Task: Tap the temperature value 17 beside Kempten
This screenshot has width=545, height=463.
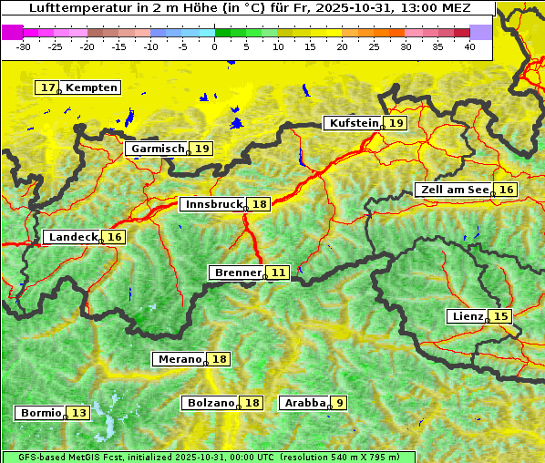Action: [x=47, y=87]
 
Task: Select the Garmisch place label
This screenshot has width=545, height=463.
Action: [x=158, y=149]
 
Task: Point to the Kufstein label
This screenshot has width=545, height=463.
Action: [x=353, y=123]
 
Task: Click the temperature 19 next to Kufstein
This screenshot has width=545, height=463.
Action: [x=396, y=123]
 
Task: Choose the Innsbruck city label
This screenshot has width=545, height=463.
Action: [x=212, y=204]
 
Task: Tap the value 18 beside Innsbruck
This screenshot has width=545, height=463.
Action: [x=260, y=204]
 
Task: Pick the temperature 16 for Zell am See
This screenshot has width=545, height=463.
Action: [x=506, y=190]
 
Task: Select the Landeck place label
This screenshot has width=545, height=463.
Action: [x=72, y=237]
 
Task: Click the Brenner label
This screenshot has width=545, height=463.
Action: [x=236, y=273]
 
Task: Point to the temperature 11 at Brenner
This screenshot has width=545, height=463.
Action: [x=278, y=273]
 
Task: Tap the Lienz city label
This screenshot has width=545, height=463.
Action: [x=467, y=316]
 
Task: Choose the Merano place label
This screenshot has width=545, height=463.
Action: [x=179, y=359]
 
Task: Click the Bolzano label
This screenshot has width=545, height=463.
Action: [x=211, y=403]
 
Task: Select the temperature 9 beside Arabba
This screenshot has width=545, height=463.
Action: [x=339, y=403]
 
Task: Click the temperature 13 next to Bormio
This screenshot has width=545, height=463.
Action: [x=79, y=413]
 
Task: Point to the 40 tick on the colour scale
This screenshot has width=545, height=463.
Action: [x=469, y=46]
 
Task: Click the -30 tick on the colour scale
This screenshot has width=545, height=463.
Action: [x=24, y=46]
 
